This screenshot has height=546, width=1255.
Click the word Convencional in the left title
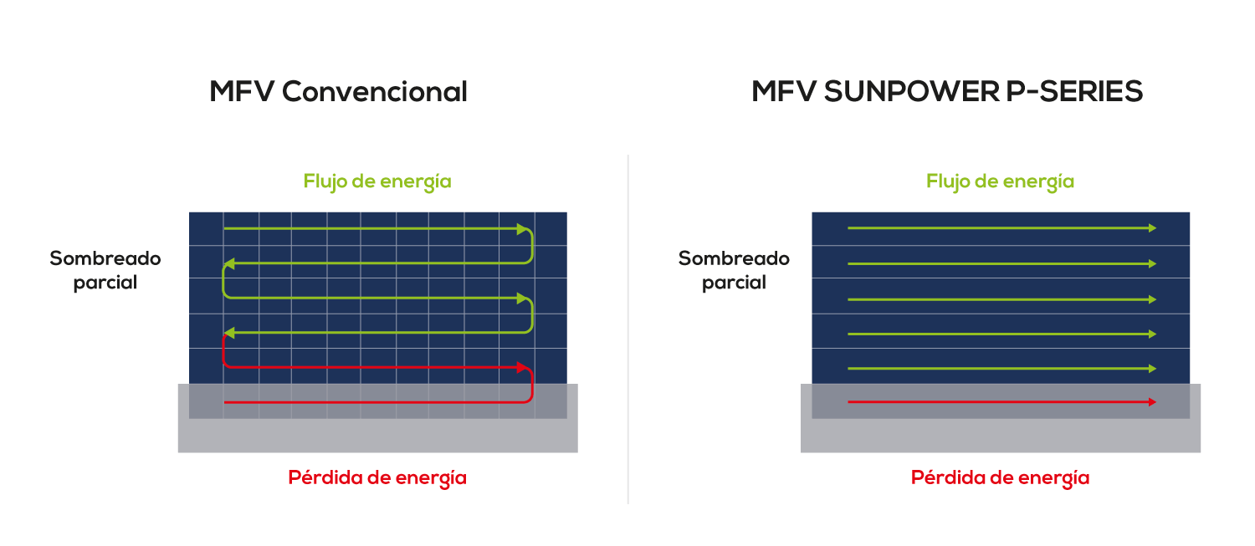374,91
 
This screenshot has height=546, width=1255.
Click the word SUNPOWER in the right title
912,91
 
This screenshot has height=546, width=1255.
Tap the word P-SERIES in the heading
1074,91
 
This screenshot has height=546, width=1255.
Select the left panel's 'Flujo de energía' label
377,181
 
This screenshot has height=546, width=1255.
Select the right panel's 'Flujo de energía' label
1000,181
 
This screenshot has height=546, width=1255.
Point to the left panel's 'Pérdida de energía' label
377,477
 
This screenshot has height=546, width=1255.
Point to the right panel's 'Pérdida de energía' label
1000,477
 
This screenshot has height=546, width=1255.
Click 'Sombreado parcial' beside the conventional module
105,270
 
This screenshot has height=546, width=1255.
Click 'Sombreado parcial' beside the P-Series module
734,270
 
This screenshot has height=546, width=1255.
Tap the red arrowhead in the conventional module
523,367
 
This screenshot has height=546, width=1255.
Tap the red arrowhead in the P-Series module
1152,402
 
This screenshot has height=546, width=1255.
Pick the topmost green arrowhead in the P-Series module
1152,228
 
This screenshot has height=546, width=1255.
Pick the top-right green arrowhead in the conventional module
523,229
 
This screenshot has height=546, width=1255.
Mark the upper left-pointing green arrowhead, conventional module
230,263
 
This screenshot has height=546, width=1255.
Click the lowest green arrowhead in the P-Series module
1152,369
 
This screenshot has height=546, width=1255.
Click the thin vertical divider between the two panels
628,329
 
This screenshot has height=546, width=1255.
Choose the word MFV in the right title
784,91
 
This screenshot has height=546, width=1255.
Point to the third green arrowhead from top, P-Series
1152,299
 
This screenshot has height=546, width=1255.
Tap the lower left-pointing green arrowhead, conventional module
230,333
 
